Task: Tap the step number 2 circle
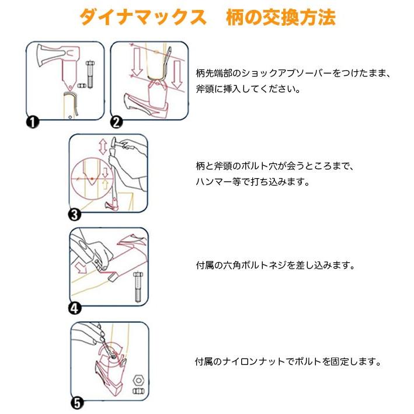(116, 121)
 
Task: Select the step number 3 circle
(75, 215)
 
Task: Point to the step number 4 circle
(75, 308)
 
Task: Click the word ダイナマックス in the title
(143, 18)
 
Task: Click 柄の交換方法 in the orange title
(281, 18)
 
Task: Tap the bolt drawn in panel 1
(91, 72)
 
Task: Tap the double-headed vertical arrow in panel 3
(103, 146)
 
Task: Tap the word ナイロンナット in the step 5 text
(258, 361)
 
